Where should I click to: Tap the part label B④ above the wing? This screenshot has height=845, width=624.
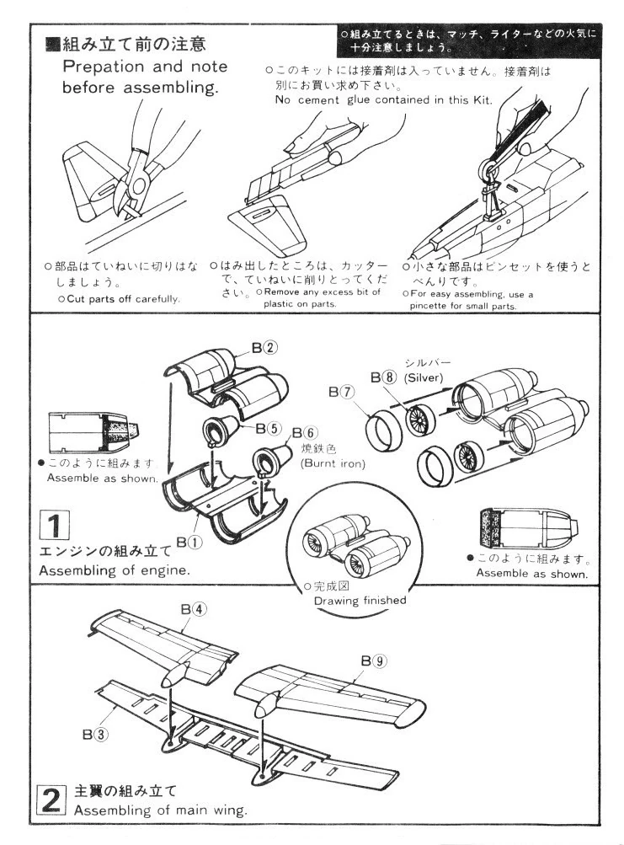coord(193,609)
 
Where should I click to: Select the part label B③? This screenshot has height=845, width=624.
coord(94,733)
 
